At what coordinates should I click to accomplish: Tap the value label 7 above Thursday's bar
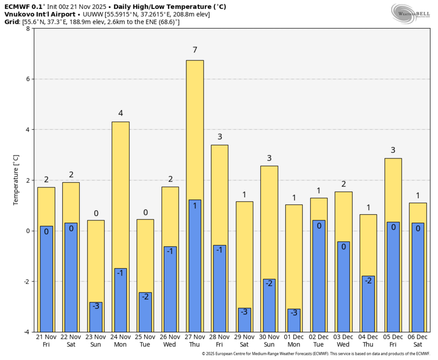[195, 50]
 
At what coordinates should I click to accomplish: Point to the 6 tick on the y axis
[28, 79]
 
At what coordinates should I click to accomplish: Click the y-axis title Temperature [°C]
[15, 180]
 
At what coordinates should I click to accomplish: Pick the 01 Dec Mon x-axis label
[294, 340]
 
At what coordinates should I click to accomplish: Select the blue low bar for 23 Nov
[96, 317]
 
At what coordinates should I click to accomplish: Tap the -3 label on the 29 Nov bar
[245, 312]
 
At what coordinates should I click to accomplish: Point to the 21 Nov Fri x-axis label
[46, 340]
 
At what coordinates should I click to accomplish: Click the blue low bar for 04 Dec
[368, 304]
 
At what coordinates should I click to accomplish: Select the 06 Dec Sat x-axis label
[418, 340]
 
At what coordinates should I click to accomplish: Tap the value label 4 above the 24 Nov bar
[120, 113]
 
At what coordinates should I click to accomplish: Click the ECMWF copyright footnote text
[315, 354]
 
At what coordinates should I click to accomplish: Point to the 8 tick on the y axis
[28, 29]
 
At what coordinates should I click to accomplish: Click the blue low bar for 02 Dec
[319, 276]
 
